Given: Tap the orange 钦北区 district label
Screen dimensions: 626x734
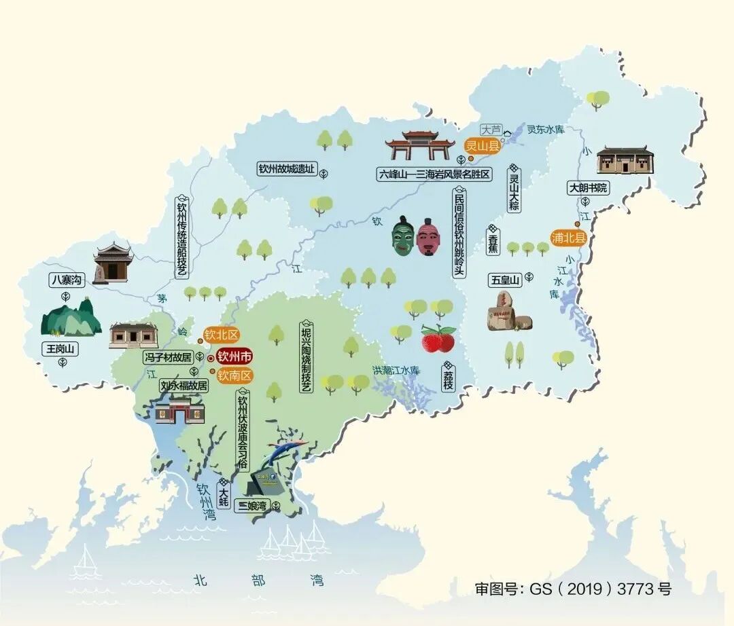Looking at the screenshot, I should (222, 335).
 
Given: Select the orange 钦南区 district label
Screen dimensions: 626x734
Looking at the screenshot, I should (234, 375).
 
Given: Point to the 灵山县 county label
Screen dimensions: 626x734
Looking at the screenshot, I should (482, 145).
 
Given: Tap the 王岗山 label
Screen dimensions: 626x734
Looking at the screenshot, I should (61, 349).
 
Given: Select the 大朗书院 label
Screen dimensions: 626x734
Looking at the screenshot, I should (589, 188).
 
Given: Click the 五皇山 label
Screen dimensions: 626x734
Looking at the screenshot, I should (505, 280).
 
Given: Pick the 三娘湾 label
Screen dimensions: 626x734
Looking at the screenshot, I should (251, 505).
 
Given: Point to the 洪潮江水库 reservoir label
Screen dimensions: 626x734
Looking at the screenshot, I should (396, 370).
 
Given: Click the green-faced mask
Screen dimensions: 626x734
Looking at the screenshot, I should (403, 236).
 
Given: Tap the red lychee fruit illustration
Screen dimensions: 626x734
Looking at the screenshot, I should (438, 339).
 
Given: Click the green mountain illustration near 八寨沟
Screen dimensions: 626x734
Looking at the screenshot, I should (70, 318).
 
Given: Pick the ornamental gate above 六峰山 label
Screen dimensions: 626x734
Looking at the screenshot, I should (420, 146).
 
